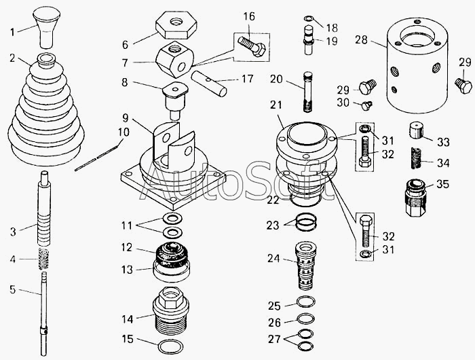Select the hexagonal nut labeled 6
point(176,25)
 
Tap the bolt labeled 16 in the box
point(252,46)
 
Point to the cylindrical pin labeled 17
point(209,84)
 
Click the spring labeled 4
point(44,258)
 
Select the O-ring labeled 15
point(171,347)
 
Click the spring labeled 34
point(417,158)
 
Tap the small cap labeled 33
point(417,130)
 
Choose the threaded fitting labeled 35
point(416,198)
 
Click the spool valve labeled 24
point(305,266)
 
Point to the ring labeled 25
point(305,302)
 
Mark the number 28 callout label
point(362,39)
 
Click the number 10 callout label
point(123,132)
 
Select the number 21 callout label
point(276,105)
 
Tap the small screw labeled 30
point(366,105)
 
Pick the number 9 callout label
point(126,118)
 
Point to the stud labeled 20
point(307,92)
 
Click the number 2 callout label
point(12,58)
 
